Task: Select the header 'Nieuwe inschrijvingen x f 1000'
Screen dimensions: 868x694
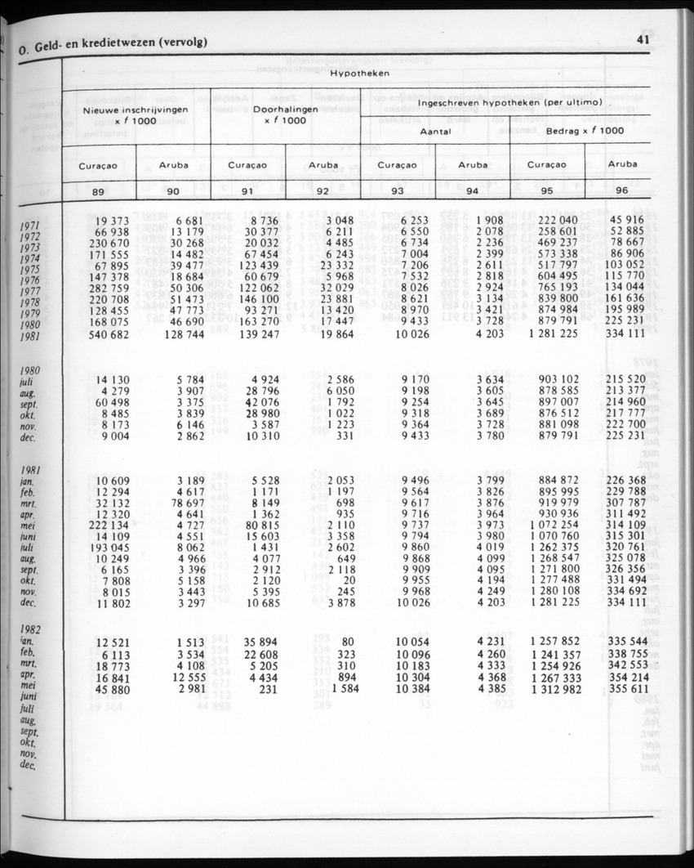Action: (136, 114)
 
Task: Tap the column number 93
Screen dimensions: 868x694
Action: (398, 192)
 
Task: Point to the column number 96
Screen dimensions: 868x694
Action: (623, 190)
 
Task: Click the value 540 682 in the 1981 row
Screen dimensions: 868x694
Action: (109, 334)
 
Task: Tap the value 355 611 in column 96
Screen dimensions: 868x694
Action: (626, 689)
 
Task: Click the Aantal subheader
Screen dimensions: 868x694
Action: (435, 131)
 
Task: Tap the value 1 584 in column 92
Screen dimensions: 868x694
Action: (336, 689)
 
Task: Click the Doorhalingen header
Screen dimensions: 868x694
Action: (284, 109)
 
